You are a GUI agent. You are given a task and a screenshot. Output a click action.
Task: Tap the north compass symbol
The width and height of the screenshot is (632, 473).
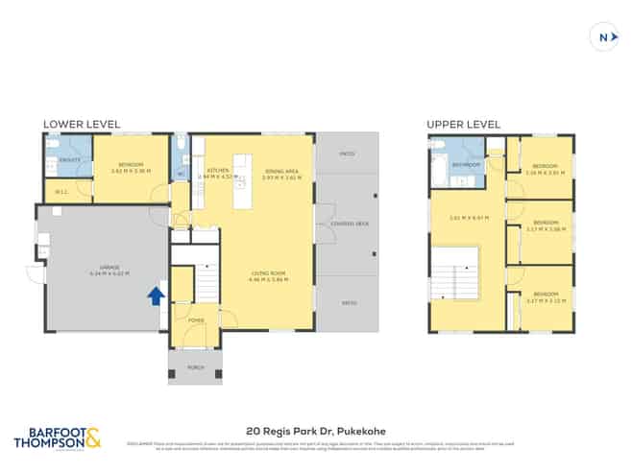(x=602, y=37)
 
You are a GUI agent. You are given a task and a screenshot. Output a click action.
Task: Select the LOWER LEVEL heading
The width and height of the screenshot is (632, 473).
(x=82, y=124)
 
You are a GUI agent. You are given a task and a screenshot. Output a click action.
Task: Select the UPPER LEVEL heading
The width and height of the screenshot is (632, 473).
(x=465, y=124)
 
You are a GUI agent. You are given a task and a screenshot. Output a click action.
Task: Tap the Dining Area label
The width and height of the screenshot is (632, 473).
(x=281, y=172)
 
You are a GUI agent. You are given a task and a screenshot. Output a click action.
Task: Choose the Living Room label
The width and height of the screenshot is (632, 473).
(x=268, y=277)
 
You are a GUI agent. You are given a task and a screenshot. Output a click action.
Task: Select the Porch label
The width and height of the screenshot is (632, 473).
(x=195, y=367)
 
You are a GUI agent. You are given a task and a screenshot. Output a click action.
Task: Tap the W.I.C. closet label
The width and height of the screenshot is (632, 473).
(x=61, y=192)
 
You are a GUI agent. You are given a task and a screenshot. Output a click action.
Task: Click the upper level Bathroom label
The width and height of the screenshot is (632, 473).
(x=467, y=165)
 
